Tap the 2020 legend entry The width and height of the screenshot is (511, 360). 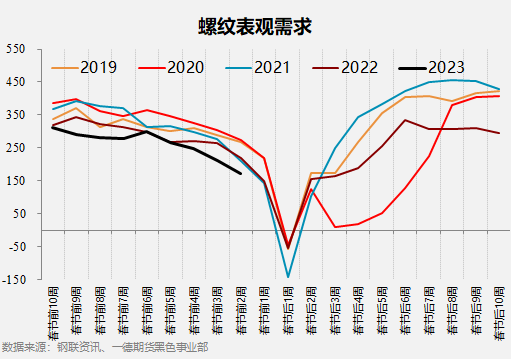click(185, 68)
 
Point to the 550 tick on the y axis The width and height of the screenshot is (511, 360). click(16, 50)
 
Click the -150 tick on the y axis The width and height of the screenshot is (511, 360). click(14, 280)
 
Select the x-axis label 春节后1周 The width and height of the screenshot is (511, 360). click(288, 310)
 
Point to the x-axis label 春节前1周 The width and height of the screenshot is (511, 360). click(264, 310)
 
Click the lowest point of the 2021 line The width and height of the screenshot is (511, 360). click(288, 277)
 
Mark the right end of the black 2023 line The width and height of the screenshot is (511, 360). click(241, 174)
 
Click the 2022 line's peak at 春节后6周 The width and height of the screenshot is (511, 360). click(405, 120)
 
